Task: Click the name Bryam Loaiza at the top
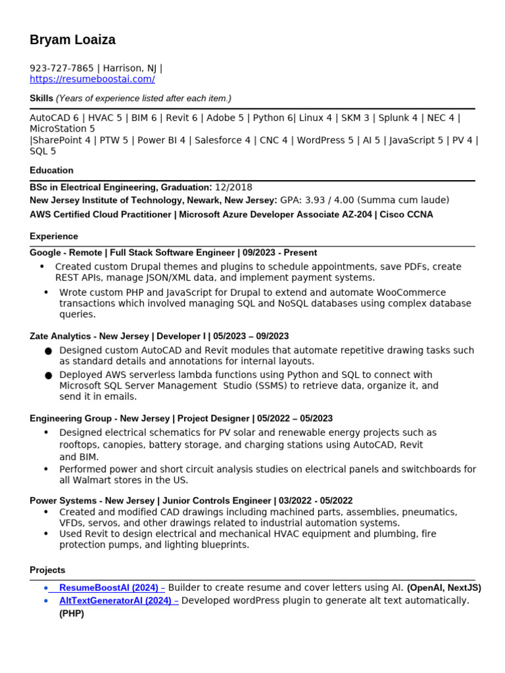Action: point(72,40)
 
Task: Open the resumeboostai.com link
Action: point(92,80)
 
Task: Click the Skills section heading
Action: point(41,98)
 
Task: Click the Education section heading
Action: point(51,170)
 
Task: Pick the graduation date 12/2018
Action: point(233,187)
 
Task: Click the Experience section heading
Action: point(54,236)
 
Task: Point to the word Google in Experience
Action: point(45,252)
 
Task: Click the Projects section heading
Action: point(47,570)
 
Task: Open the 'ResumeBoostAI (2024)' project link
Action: point(108,588)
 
